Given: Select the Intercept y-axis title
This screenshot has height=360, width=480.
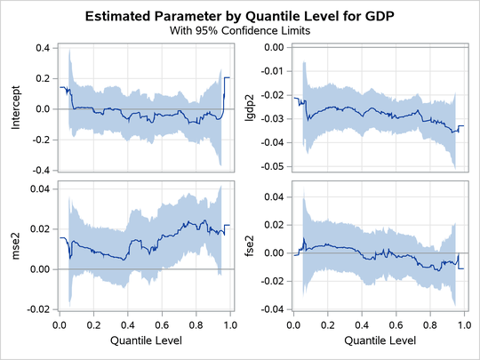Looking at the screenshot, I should point(15,108).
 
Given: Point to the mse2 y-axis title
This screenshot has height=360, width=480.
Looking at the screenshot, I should point(15,248).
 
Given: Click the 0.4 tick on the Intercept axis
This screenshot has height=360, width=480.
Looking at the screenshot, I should point(41,47).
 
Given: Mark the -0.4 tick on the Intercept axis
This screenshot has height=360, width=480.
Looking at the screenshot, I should point(39,170).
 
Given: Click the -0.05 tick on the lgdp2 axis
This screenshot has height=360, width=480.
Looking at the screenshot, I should point(275,166).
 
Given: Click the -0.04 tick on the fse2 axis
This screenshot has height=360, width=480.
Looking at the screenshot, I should point(275,309).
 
